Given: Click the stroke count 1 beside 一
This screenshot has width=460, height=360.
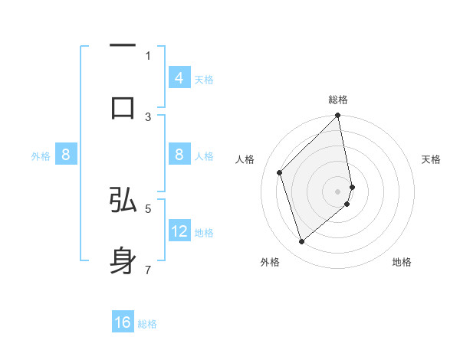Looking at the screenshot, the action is (148, 55).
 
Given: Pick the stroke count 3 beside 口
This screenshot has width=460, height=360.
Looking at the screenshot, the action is (148, 116).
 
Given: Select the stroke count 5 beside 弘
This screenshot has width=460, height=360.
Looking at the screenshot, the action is (148, 208).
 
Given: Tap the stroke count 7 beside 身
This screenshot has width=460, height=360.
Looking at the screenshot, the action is (148, 269).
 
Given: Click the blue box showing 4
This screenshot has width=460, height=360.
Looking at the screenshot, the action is (179, 78).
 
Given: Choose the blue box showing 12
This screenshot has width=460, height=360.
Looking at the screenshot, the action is (179, 231).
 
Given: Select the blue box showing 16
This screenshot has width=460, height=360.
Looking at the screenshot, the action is (123, 322).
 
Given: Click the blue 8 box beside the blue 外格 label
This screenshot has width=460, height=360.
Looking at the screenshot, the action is (66, 155).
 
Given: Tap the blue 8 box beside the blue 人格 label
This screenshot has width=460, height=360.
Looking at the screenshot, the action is (179, 155).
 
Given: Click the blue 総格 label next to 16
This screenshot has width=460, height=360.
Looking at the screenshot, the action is (147, 324).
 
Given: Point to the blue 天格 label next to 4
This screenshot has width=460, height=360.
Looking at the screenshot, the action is (204, 80).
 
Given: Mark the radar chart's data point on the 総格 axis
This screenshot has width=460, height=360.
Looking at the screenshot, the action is (338, 116).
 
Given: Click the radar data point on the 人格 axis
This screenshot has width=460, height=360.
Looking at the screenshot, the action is (280, 172).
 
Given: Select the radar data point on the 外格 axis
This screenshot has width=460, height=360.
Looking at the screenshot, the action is (301, 241).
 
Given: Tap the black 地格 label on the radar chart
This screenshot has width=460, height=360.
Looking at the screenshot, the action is (402, 262).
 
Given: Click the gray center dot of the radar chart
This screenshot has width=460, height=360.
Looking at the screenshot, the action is (338, 191).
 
